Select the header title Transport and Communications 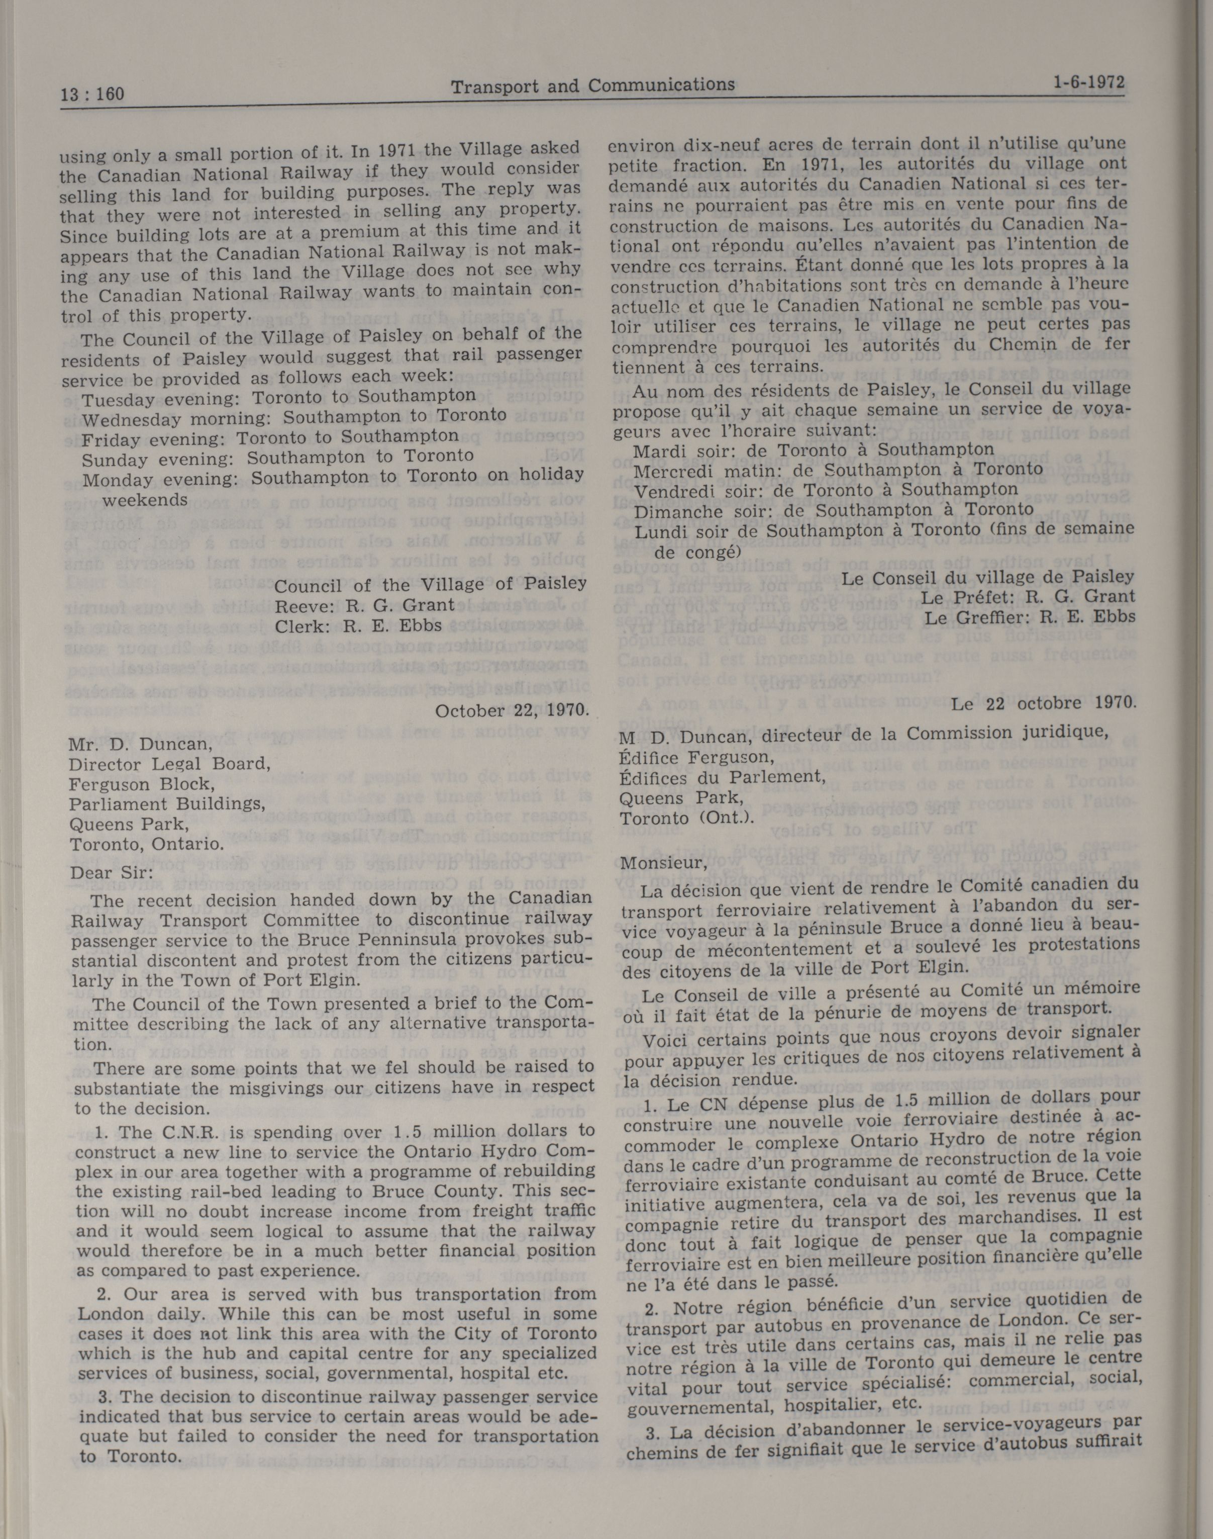click(x=593, y=86)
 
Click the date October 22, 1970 click(x=512, y=710)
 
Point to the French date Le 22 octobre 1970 click(x=1044, y=703)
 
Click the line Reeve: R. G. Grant click(x=364, y=605)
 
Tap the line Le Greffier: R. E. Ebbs click(x=1030, y=617)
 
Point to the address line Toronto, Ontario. click(x=147, y=845)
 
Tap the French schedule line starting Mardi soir click(x=813, y=450)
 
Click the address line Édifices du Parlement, click(x=722, y=777)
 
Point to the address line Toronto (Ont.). click(x=686, y=818)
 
